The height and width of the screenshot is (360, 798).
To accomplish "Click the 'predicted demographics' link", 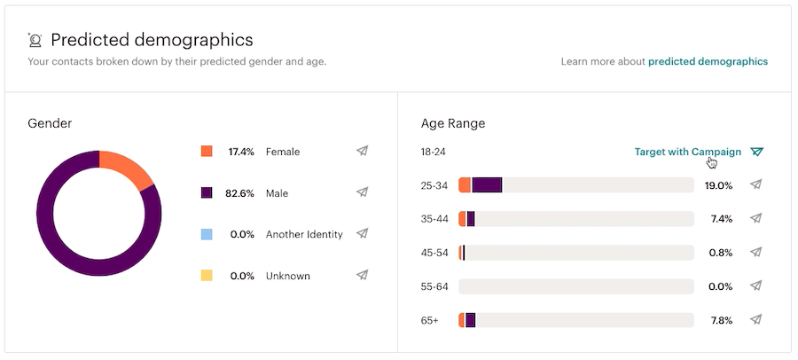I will click(708, 61).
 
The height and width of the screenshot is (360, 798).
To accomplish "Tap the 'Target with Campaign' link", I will click(687, 152).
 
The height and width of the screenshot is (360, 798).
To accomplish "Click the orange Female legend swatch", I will click(207, 152).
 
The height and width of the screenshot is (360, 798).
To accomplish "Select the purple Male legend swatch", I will click(207, 192).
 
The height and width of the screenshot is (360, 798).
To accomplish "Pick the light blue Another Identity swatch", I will click(207, 234).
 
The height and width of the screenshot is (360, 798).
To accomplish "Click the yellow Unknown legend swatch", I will click(207, 276).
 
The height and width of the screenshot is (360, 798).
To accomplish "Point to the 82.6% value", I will click(240, 192).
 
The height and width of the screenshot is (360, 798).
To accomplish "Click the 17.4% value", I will click(240, 152).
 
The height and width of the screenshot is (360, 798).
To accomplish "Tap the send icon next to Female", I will click(362, 151).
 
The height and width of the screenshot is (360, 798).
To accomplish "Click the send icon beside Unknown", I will click(362, 275).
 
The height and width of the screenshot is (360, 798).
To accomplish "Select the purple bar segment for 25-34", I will click(487, 185).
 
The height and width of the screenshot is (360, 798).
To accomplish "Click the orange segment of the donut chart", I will click(129, 168).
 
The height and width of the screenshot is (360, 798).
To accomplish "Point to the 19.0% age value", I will click(718, 185).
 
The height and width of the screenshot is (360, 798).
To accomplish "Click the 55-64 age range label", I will click(434, 286).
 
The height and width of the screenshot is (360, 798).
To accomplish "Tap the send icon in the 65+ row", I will click(755, 319).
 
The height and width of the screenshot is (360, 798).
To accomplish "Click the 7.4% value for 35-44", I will click(721, 219).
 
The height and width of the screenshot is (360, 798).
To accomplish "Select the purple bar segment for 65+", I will click(470, 320).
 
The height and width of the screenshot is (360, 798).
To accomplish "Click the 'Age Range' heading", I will click(453, 123).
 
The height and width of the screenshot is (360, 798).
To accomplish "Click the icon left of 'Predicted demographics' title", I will click(35, 40).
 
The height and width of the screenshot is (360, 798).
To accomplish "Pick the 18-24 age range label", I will click(433, 152).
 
